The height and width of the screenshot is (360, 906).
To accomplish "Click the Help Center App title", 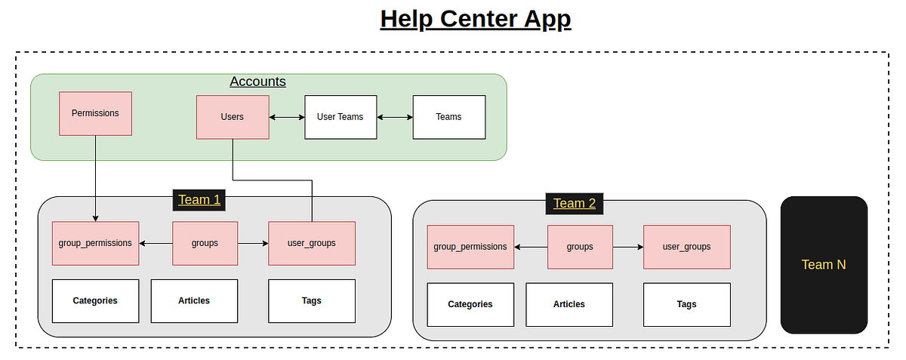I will click(x=476, y=18).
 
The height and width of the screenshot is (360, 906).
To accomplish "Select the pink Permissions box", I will click(x=95, y=113).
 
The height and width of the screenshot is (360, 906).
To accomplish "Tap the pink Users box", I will click(x=233, y=117).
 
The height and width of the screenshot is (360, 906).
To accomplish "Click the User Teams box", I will click(x=341, y=117).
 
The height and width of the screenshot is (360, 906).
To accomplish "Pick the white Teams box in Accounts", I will click(x=448, y=117).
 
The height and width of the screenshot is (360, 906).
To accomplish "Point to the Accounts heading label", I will click(x=257, y=82).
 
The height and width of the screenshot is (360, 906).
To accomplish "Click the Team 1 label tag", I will click(x=199, y=200).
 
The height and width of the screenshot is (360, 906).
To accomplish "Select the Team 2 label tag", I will click(x=575, y=203).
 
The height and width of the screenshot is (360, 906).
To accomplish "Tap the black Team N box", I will click(x=824, y=265).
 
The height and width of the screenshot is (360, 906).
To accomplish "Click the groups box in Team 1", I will click(x=205, y=243).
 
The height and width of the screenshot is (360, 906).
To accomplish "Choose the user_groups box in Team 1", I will click(x=312, y=243).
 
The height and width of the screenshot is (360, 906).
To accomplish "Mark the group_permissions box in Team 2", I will click(x=470, y=247).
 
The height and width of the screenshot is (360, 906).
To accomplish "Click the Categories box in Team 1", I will click(x=95, y=300).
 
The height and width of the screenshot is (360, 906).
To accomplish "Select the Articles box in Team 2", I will click(x=569, y=304).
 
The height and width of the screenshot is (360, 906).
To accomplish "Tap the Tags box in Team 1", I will click(x=312, y=300).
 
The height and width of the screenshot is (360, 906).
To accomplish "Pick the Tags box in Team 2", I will click(x=687, y=304).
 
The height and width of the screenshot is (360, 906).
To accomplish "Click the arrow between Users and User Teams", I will click(x=287, y=117).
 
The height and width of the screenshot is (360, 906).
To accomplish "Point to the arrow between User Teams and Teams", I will click(x=395, y=117).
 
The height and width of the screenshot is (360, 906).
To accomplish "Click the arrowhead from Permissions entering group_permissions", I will click(x=95, y=218).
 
